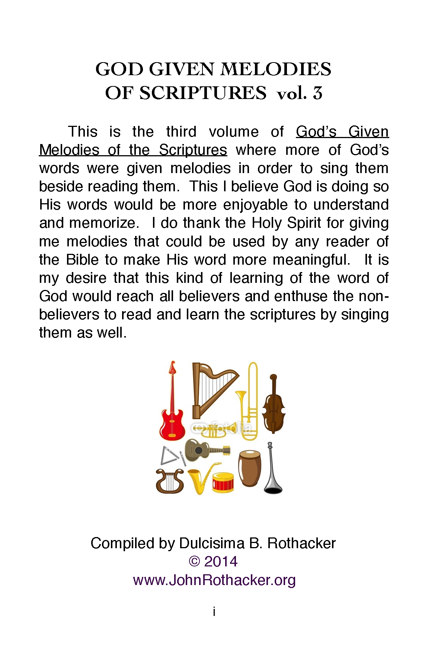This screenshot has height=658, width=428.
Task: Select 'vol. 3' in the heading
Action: click(299, 93)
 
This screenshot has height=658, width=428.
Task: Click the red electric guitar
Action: click(172, 413)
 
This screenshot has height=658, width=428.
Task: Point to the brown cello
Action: click(274, 408)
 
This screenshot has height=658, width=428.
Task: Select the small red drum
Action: click(223, 482)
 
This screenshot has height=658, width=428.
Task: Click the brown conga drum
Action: click(249, 469)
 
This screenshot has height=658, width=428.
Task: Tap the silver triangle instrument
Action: click(169, 456)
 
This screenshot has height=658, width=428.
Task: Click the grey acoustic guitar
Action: click(205, 450)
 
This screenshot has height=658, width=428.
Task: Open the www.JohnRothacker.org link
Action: click(214, 580)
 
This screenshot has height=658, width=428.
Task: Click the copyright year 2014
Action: click(221, 562)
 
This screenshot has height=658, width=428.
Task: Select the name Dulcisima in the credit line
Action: click(211, 543)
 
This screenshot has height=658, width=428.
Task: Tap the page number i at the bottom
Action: click(214, 611)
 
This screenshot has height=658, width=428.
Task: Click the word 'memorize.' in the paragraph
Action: click(104, 223)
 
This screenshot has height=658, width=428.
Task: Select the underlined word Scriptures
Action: click(193, 150)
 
